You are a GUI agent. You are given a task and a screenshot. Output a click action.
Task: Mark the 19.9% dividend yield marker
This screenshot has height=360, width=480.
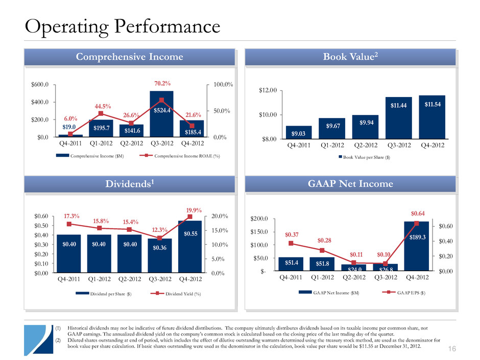pyautogui.click(x=189, y=217)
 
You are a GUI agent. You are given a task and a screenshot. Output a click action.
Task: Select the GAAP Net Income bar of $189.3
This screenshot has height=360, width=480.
pyautogui.click(x=416, y=246)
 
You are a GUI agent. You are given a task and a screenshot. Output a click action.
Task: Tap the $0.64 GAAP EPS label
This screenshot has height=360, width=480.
pyautogui.click(x=416, y=213)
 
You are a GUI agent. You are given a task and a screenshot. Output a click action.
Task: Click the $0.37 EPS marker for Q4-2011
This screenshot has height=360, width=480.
pyautogui.click(x=291, y=243)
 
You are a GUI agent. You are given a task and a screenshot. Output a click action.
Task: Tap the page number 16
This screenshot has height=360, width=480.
pyautogui.click(x=465, y=349)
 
